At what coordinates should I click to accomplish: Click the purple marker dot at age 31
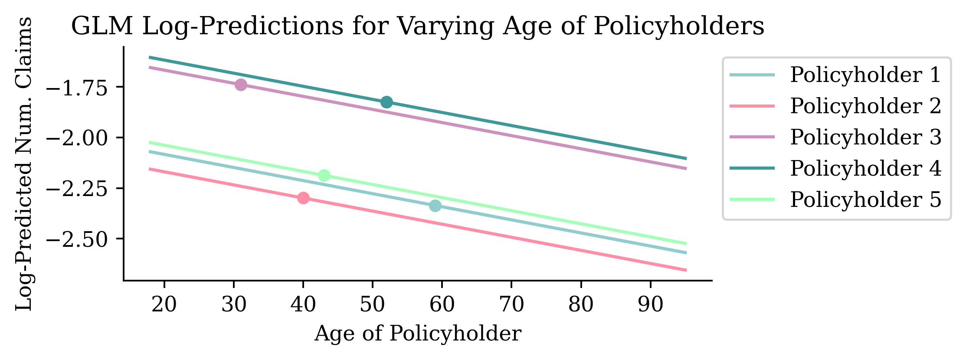click(241, 85)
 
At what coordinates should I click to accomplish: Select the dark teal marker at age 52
click(386, 102)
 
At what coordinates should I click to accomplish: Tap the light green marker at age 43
click(324, 176)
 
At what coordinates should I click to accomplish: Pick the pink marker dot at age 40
click(303, 198)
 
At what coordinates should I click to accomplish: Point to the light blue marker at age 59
click(435, 206)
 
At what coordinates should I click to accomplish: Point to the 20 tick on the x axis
click(164, 304)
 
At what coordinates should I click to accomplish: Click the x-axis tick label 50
click(373, 304)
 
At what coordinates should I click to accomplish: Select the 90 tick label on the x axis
click(650, 304)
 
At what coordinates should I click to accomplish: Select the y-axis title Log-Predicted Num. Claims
click(24, 164)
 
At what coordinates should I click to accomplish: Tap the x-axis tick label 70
click(511, 304)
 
